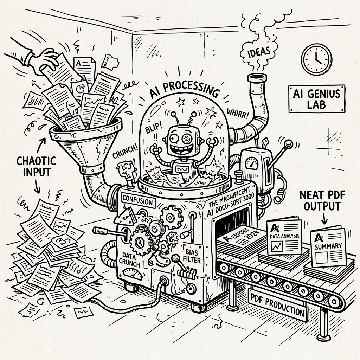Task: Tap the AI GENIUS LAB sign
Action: [317, 99]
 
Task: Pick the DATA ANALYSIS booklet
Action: [284, 237]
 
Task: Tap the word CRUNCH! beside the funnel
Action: [125, 152]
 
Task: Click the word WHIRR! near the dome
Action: [237, 114]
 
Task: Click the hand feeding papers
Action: [46, 60]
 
